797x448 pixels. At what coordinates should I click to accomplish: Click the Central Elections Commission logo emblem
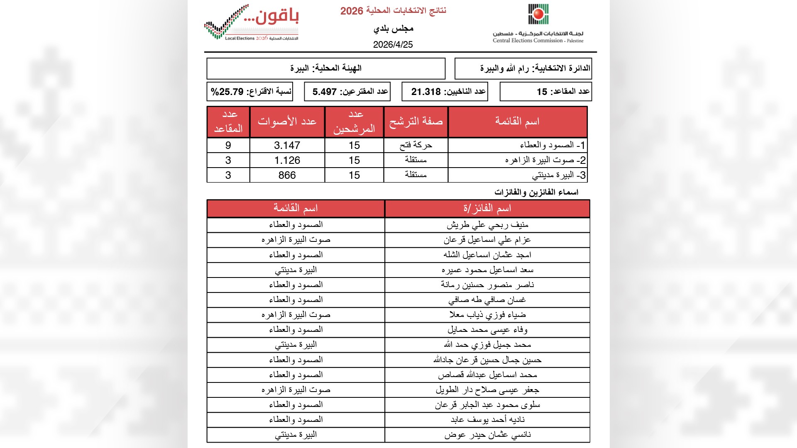point(538,15)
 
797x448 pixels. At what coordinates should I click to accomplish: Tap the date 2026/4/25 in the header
point(393,45)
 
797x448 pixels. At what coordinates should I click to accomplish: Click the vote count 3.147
point(287,146)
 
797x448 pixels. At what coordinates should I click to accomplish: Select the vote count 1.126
point(287,161)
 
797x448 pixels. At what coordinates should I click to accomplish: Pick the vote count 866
point(287,175)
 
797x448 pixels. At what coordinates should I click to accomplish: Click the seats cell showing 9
point(228,146)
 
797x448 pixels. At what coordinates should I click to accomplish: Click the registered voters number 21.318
point(426,92)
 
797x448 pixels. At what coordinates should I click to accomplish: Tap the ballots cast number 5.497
point(325,92)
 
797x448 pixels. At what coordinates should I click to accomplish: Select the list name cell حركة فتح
point(416,145)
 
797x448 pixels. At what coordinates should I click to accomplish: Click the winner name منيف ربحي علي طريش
point(487,225)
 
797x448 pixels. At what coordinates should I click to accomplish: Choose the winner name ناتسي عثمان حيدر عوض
point(487,435)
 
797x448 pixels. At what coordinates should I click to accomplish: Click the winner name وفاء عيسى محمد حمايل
point(487,330)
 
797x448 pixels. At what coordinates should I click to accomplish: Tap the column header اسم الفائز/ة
point(487,208)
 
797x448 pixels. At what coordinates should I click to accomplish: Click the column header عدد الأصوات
point(287,122)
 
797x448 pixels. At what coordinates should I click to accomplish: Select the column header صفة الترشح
point(416,122)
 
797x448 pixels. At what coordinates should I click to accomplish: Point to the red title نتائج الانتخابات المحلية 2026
point(393,11)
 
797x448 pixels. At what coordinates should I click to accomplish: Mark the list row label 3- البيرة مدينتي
point(559,175)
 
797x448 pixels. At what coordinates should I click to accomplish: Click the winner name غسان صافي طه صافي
point(487,300)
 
